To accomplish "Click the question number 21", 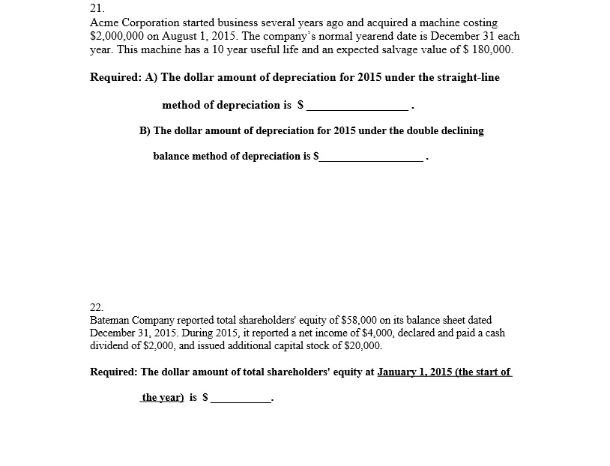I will coord(95,8).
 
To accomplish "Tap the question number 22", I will coord(96,307).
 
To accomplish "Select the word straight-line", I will coord(465,77).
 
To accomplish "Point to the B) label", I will coord(145,130).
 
